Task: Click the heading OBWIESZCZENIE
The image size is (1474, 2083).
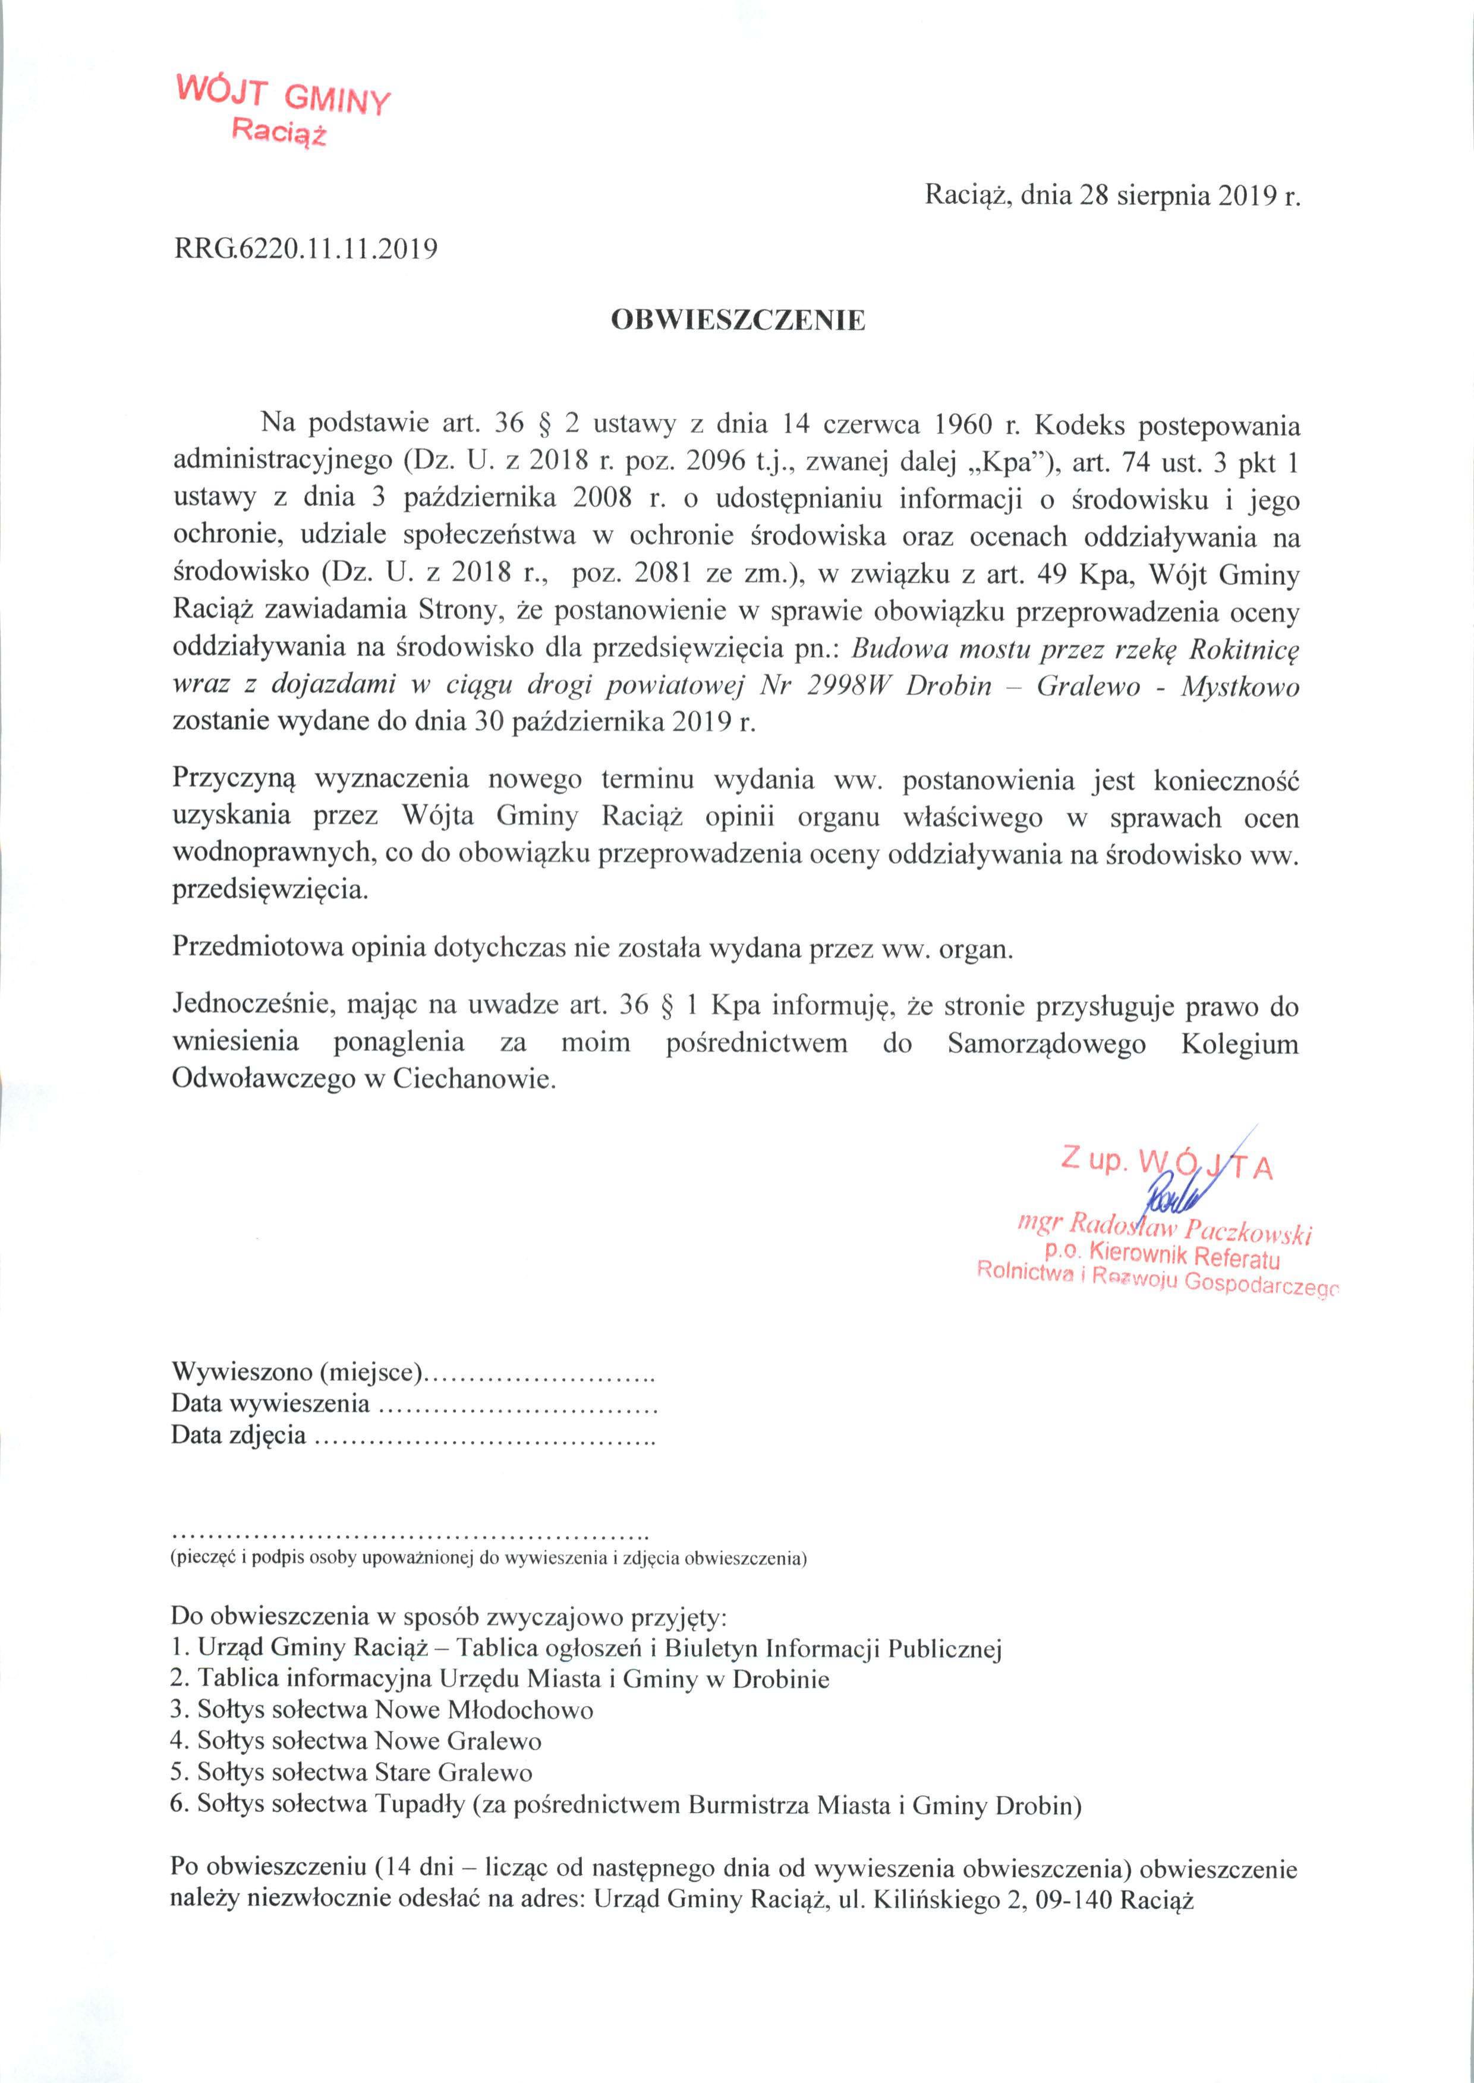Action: point(737,320)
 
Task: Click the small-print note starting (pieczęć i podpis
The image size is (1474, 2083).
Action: point(489,1559)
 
